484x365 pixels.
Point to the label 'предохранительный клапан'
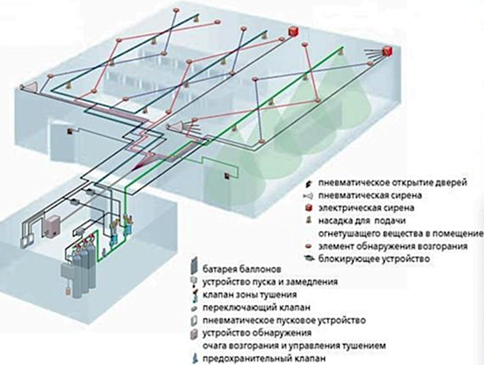tap(264, 359)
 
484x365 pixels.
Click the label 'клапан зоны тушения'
tap(250, 295)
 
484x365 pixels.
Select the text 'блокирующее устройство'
tap(374, 259)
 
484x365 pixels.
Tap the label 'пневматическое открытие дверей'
tap(392, 183)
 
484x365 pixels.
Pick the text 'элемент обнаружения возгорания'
tap(393, 246)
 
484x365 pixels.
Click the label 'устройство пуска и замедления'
tap(270, 281)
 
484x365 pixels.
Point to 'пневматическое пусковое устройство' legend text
tap(284, 320)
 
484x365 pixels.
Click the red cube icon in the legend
tap(308, 208)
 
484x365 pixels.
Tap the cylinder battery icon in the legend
tap(194, 266)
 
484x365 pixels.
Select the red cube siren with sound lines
tap(386, 51)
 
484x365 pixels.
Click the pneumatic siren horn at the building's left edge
tap(29, 86)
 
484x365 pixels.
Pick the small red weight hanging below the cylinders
tap(69, 291)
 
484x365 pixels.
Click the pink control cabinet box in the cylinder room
tap(52, 226)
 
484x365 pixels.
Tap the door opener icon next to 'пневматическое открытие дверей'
tap(308, 183)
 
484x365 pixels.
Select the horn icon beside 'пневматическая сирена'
tap(308, 195)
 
